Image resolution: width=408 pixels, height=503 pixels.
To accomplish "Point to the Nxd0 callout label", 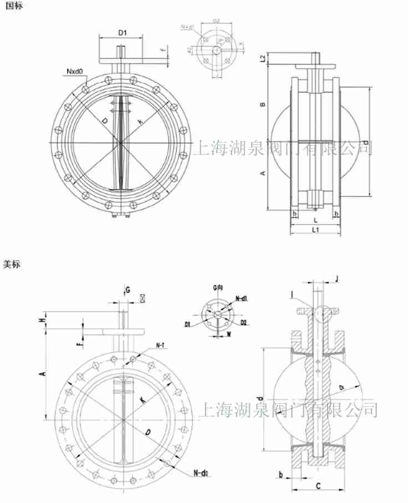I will coord(74,72).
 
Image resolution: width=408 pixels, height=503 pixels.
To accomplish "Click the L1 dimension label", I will coord(314,229).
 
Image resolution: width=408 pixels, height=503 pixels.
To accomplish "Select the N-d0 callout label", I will coord(201,473).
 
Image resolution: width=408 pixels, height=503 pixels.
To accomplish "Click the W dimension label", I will coord(229,334).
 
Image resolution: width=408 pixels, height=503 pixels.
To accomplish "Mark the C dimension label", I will coord(317,486).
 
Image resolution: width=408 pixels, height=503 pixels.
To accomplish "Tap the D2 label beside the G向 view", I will coord(243,322).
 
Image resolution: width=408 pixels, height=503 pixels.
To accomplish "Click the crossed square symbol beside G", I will coord(143,298).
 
